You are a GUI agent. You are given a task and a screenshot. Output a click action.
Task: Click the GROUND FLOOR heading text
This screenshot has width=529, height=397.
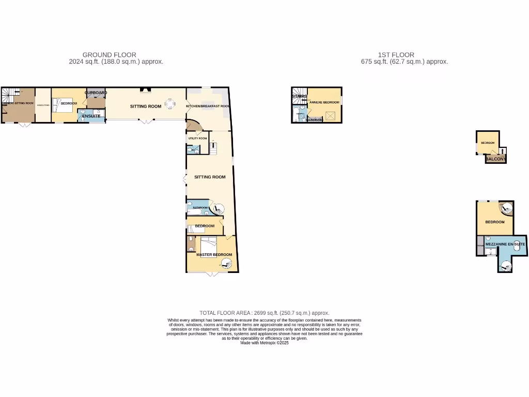[110, 55]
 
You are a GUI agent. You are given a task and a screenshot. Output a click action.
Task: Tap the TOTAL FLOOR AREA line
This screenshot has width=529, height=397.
[264, 313]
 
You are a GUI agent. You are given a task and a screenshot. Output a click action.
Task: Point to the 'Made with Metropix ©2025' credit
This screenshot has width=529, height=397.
[264, 343]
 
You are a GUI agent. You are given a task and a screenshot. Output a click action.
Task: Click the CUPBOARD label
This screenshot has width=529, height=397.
[96, 93]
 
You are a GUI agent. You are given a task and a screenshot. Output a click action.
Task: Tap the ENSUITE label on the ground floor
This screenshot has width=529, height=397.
[91, 116]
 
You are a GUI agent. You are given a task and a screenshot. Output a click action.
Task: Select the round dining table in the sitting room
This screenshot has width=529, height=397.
[170, 104]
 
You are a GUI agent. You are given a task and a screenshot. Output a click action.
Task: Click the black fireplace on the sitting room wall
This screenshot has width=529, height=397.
[147, 90]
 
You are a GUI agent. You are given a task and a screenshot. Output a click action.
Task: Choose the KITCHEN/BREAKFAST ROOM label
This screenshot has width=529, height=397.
[208, 106]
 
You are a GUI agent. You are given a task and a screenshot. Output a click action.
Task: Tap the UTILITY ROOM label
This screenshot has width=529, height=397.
[197, 139]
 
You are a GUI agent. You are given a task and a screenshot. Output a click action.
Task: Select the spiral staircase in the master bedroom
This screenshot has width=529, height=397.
[226, 265]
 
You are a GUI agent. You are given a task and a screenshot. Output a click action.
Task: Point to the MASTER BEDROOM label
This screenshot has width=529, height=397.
[214, 255]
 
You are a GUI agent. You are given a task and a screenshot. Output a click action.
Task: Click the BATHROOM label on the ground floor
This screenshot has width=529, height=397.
[200, 208]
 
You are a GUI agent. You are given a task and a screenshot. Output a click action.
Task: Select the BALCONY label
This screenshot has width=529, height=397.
[495, 159]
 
